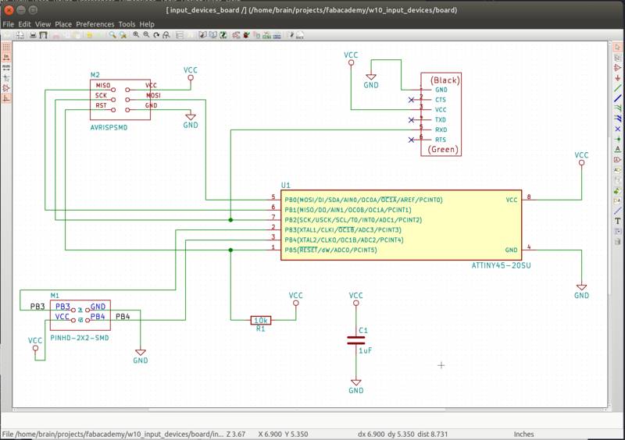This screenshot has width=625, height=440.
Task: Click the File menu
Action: click(x=9, y=24)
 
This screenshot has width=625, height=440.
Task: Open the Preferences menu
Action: click(x=95, y=24)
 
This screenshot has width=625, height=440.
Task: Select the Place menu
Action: click(x=63, y=24)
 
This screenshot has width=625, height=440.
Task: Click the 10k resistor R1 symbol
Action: click(x=261, y=320)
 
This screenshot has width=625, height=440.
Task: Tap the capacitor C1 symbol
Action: click(x=355, y=339)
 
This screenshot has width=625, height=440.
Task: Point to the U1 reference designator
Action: click(x=285, y=185)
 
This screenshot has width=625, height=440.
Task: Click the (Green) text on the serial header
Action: click(x=443, y=149)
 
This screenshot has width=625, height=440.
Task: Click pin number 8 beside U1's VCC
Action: click(x=529, y=197)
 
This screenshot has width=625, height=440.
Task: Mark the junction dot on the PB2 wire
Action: click(x=230, y=221)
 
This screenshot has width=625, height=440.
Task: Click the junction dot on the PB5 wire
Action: click(x=230, y=250)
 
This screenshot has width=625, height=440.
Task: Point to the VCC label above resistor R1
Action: click(x=295, y=296)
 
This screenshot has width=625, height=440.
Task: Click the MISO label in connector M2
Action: click(x=103, y=84)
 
